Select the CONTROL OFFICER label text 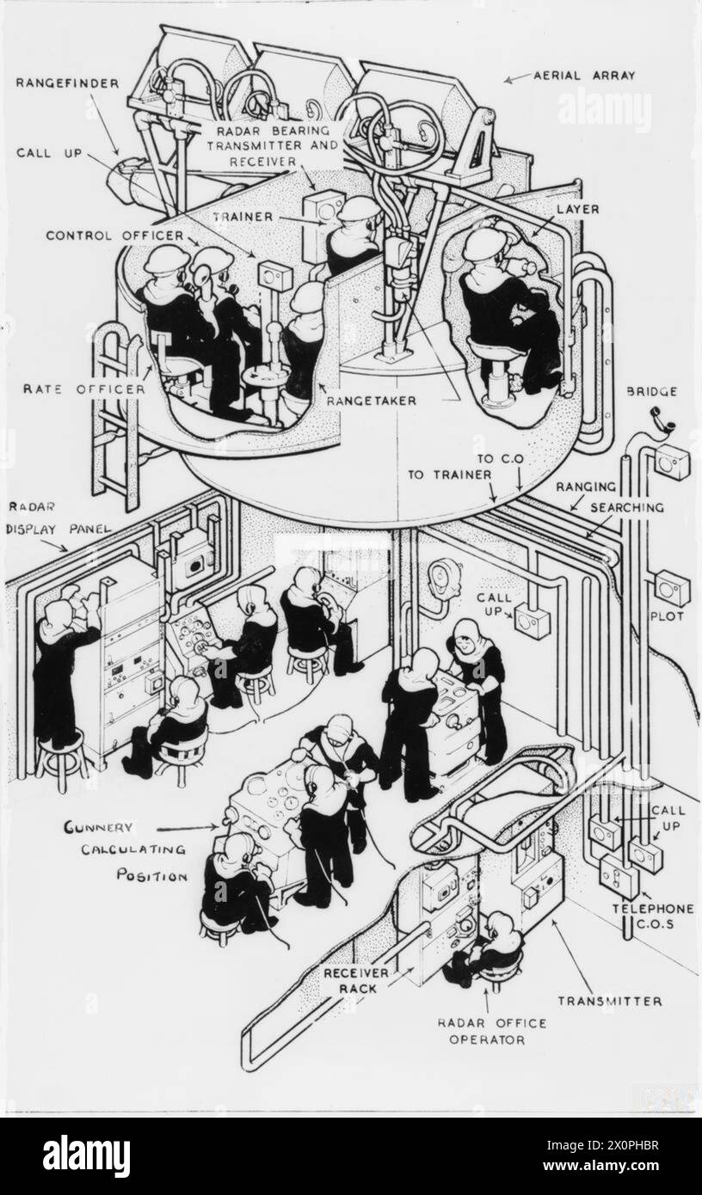[x=115, y=235]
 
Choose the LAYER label [x=577, y=209]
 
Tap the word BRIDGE [x=653, y=392]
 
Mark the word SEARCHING [x=627, y=507]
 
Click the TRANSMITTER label [x=609, y=1001]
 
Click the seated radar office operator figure [x=490, y=950]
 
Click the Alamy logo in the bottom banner [x=86, y=1156]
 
